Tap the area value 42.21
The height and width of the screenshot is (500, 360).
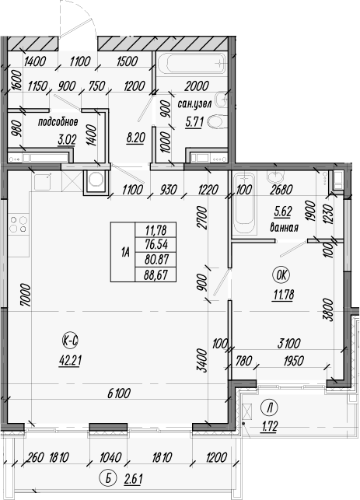tap(69, 358)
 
